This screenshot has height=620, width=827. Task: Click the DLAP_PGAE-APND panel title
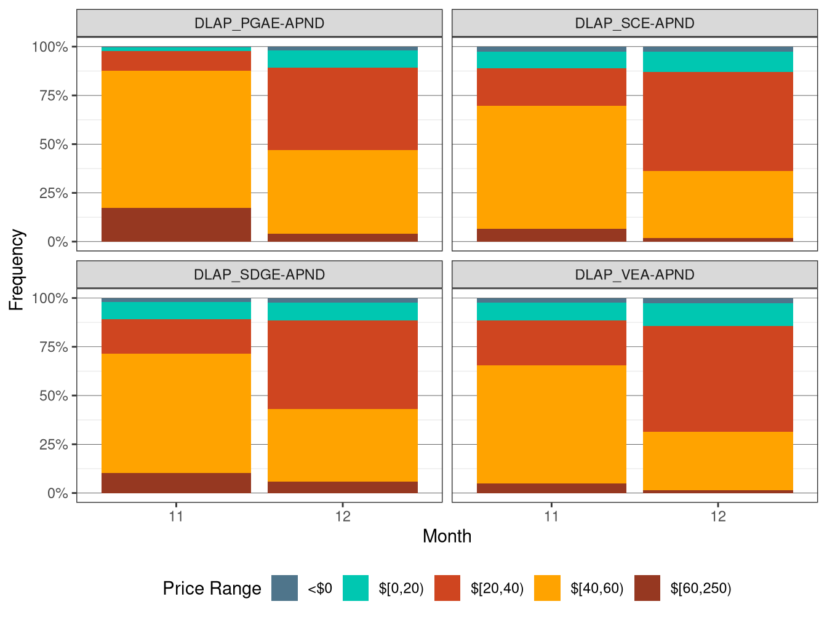259,23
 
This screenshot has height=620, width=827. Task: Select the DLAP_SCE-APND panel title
634,23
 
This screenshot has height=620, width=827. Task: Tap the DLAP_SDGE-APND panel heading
259,274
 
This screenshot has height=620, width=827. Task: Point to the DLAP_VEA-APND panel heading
634,274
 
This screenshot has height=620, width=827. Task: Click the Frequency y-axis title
17,269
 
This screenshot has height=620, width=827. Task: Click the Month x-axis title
447,536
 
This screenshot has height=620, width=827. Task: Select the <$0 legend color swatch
284,588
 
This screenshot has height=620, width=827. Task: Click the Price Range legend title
212,589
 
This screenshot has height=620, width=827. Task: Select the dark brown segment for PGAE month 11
176,225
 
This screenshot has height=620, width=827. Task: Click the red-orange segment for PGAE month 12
343,109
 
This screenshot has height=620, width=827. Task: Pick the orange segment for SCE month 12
717,204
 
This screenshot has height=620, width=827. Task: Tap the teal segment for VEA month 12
717,314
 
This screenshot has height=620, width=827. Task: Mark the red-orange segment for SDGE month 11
176,336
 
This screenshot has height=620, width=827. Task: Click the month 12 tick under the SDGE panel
343,516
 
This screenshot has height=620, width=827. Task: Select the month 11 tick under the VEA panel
551,516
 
